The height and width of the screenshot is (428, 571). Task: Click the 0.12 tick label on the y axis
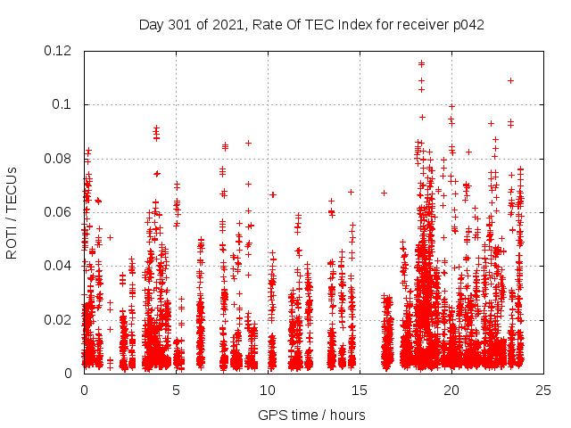pos(59,51)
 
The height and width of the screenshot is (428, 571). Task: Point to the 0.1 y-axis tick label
pos(64,104)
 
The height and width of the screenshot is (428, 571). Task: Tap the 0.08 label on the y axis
pos(59,159)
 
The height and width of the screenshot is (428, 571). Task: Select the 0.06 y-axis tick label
pos(59,212)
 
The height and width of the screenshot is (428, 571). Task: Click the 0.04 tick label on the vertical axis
pos(59,266)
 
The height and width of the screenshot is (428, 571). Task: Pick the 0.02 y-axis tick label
pos(59,319)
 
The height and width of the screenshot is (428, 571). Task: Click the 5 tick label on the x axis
pos(176,390)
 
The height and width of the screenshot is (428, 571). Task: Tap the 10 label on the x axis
pos(268,390)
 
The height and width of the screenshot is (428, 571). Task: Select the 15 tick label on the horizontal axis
pos(360,390)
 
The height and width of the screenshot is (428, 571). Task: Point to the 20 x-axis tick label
pos(451,390)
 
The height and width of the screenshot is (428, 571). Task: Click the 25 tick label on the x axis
pos(543,390)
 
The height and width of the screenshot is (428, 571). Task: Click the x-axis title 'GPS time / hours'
pos(312,415)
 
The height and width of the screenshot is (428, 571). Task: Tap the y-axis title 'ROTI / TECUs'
pos(12,212)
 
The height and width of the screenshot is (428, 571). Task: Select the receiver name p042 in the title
pos(468,24)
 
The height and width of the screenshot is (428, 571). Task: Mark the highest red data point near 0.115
pos(421,63)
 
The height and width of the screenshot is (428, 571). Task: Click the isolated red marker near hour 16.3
pos(384,193)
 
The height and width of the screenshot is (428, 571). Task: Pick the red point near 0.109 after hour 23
pos(510,80)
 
